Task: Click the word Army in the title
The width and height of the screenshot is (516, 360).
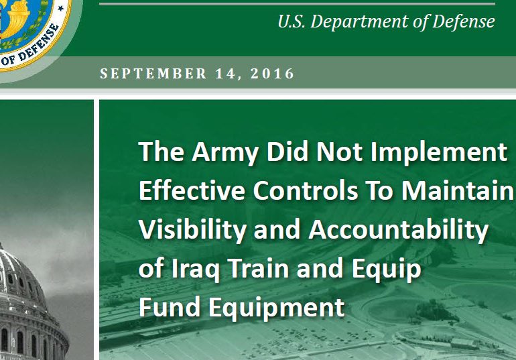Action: [x=224, y=152]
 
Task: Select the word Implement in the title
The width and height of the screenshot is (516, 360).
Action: [x=439, y=152]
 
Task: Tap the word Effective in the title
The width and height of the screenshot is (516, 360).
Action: [x=192, y=190]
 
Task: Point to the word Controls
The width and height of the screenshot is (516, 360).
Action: [x=306, y=190]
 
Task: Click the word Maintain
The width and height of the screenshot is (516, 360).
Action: [x=458, y=190]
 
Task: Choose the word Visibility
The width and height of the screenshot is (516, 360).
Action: [x=192, y=230]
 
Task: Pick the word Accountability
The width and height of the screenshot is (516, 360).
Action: [x=398, y=230]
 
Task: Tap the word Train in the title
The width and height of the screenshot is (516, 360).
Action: [x=258, y=268]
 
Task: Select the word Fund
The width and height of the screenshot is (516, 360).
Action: [x=170, y=307]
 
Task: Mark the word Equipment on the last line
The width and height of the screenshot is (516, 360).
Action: [x=276, y=308]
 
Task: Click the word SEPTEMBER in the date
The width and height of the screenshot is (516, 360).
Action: [x=153, y=73]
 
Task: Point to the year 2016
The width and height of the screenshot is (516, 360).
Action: [x=272, y=73]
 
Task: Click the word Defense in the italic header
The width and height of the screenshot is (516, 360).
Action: [x=463, y=21]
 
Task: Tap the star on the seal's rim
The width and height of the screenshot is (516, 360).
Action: [x=60, y=8]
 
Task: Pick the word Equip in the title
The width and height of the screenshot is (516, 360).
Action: [x=387, y=269]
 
